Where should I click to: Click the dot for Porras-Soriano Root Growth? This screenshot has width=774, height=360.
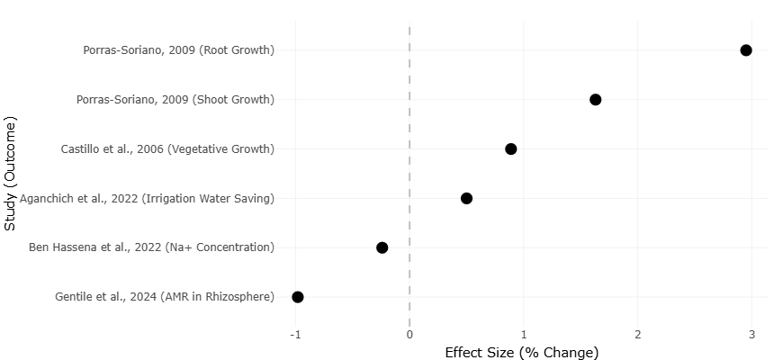[x=746, y=49]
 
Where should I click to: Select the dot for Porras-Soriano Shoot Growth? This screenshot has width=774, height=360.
[x=595, y=99]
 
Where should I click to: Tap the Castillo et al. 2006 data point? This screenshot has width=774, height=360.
[x=511, y=148]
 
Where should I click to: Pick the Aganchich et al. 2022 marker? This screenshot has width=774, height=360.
[x=466, y=198]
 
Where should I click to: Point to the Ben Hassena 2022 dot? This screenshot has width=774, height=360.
[x=382, y=247]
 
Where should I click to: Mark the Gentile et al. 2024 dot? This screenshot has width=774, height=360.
[x=298, y=297]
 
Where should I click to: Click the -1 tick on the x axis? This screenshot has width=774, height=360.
[x=295, y=335]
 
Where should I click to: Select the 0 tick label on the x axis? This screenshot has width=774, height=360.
[x=409, y=335]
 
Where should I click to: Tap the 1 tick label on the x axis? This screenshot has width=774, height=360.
[x=524, y=335]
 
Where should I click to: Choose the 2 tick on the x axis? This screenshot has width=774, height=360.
[x=638, y=335]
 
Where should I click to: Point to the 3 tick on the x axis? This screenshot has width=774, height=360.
[x=751, y=335]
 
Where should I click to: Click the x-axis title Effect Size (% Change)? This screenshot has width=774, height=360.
[x=522, y=353]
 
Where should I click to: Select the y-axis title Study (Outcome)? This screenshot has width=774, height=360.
[x=10, y=174]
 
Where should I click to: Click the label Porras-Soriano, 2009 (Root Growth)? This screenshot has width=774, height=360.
[x=179, y=49]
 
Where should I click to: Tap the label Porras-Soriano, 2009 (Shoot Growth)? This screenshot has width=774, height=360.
[x=175, y=99]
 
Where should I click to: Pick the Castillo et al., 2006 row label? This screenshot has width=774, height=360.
[x=167, y=148]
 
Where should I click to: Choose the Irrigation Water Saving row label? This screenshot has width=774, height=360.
[x=147, y=198]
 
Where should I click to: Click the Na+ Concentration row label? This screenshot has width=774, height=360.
[x=151, y=247]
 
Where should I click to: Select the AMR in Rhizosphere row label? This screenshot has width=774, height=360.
[x=165, y=297]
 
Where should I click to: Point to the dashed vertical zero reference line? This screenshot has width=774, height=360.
[x=409, y=174]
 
